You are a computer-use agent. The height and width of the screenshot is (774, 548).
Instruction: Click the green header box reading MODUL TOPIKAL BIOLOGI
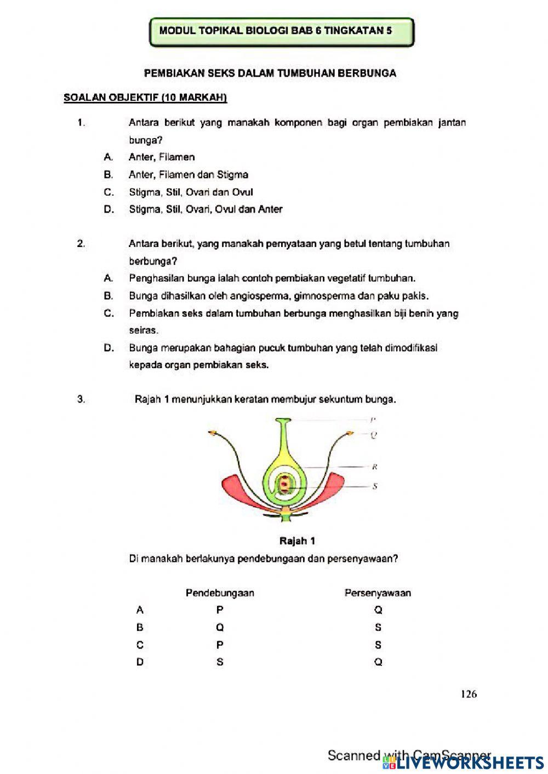click(x=281, y=31)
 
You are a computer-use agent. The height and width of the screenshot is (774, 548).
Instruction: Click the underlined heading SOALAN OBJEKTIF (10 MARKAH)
click(x=145, y=98)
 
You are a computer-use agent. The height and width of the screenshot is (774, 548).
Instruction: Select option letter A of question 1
click(x=109, y=157)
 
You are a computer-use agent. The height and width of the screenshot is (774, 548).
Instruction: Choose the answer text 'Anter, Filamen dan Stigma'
click(x=189, y=175)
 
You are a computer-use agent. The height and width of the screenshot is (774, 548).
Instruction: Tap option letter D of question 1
click(x=109, y=209)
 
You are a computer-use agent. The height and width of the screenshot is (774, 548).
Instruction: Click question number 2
click(x=81, y=244)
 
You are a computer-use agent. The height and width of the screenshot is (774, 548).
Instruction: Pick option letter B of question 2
click(x=109, y=296)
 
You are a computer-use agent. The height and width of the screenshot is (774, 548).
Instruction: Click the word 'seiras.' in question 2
click(x=144, y=331)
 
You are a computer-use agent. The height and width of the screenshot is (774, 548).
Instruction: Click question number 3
click(x=81, y=399)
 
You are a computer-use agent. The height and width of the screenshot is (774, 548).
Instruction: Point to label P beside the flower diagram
click(x=373, y=420)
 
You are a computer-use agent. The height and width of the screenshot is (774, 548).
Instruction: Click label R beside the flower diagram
click(x=375, y=467)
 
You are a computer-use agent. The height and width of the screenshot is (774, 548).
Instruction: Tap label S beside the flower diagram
click(x=375, y=486)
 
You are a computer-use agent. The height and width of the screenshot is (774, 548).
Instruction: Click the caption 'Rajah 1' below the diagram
click(x=297, y=541)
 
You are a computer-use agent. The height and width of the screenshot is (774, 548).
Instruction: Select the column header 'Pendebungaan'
click(x=220, y=593)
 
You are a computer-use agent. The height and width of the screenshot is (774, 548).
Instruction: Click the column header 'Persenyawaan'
click(x=378, y=593)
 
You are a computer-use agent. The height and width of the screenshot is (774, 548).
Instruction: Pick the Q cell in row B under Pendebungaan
click(x=220, y=627)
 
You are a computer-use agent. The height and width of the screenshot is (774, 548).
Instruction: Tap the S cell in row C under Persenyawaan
click(x=378, y=645)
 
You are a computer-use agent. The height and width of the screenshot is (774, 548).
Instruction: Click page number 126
click(x=469, y=694)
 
